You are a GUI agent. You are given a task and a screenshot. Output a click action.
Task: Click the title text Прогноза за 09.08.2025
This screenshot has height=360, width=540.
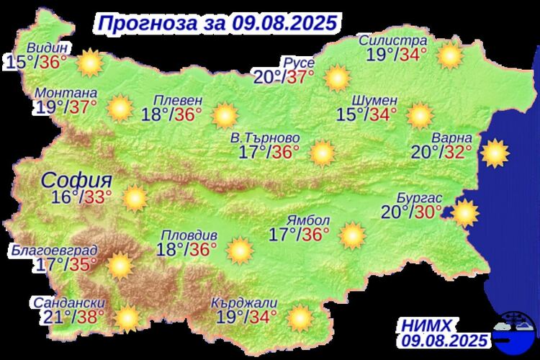(x=216, y=22)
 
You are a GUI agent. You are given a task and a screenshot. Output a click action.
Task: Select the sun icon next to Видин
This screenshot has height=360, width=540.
(x=90, y=63)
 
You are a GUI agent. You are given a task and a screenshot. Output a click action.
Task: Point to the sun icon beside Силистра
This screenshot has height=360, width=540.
(x=450, y=55)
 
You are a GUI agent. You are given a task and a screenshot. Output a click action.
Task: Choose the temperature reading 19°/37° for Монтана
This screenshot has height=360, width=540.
(x=66, y=107)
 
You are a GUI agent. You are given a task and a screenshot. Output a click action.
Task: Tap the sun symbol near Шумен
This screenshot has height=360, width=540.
(x=418, y=114)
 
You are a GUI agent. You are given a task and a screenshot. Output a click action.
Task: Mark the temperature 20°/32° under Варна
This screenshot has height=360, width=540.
(x=441, y=151)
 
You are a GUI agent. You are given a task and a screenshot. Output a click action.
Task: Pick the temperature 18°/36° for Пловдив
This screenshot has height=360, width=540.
(x=187, y=249)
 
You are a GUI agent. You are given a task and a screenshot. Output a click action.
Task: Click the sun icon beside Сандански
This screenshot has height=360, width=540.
(x=127, y=317)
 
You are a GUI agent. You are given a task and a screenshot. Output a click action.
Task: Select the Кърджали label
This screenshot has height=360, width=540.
(x=246, y=303)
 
